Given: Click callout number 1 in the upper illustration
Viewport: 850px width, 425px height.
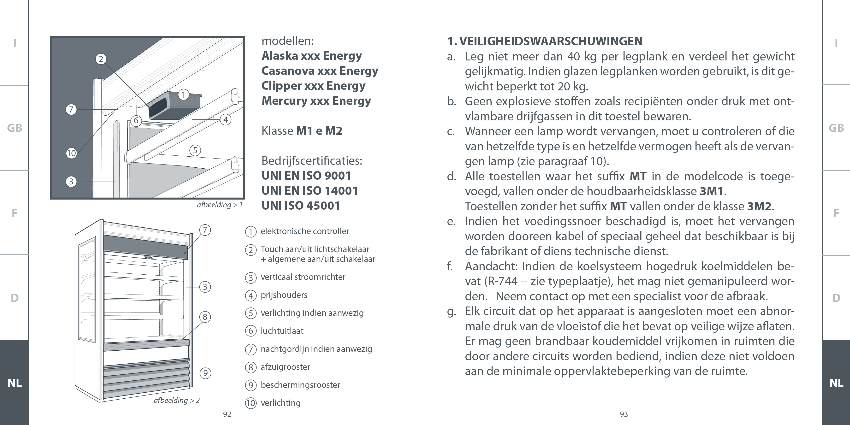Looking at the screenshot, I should [184, 95].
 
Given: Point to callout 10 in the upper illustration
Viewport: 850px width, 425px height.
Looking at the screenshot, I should [71, 153].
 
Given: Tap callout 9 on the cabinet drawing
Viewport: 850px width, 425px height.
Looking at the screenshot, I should [205, 373].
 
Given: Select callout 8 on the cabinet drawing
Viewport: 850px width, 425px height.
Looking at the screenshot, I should [205, 317].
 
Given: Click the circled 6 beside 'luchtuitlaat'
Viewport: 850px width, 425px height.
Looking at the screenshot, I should [251, 331].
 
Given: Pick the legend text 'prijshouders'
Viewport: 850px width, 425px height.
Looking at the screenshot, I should [284, 295].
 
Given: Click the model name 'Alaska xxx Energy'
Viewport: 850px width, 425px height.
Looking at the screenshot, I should [311, 56].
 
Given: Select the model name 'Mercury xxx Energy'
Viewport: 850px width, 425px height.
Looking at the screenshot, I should [316, 101].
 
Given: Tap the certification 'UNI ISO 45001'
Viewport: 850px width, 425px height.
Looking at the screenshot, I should [301, 206].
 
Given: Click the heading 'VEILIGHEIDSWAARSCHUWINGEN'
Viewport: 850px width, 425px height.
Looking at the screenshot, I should [550, 41].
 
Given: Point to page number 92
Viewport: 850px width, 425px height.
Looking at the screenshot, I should [227, 414].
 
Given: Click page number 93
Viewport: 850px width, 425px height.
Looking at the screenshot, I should [624, 414].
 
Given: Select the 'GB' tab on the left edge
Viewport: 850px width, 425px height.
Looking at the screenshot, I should [15, 128].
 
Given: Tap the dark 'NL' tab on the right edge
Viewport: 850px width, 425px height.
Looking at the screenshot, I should [836, 383].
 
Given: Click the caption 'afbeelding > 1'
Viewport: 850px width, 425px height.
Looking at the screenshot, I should [220, 205].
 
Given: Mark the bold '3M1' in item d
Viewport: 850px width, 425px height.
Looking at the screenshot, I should [712, 191].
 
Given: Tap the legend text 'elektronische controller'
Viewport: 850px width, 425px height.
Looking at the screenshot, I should [304, 231].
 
